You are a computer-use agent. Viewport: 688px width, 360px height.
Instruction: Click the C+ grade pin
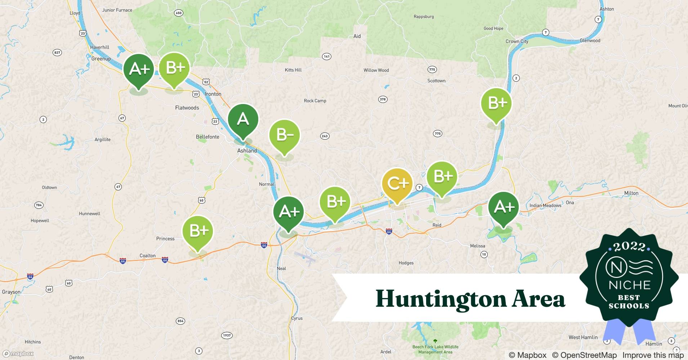(397, 184)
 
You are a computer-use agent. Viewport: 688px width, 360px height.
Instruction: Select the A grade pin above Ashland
(243, 119)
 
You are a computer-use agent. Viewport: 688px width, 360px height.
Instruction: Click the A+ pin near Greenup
(139, 69)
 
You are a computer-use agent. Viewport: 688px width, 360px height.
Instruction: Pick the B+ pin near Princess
(197, 231)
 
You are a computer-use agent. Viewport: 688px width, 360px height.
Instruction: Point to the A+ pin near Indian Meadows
(503, 207)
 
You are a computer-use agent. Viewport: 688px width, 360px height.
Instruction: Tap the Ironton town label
(213, 94)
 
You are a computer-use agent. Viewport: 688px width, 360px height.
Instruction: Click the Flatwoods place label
(187, 108)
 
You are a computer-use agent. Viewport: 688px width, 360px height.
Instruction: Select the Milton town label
(631, 193)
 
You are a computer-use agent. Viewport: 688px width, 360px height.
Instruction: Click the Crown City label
(517, 41)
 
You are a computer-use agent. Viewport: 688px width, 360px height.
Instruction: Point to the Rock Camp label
(315, 101)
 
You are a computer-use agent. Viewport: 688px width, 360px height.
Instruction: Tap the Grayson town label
(11, 292)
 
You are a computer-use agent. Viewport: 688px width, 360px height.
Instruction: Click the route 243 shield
(325, 136)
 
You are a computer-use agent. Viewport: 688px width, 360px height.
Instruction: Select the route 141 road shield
(326, 57)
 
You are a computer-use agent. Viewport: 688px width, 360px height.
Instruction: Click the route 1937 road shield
(227, 335)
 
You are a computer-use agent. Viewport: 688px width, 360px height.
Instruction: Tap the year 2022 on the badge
(629, 246)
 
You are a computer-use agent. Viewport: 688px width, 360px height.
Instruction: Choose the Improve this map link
(653, 355)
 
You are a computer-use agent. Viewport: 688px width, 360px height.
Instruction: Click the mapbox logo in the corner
(19, 354)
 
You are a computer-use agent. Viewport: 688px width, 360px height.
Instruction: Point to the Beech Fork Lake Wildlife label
(435, 347)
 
